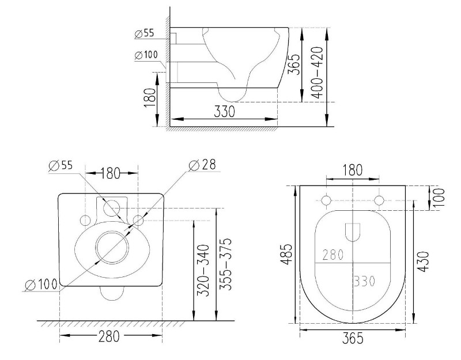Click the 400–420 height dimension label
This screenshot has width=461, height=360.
(318, 72)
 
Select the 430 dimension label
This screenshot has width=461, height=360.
(423, 262)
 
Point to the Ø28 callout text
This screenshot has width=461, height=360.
(202, 165)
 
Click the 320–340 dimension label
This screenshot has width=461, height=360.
(203, 270)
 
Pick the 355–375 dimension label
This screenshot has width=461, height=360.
(226, 264)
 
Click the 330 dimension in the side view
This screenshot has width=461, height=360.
(224, 112)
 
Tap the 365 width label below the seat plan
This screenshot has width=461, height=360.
(353, 338)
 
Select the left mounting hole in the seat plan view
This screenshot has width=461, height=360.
(326, 200)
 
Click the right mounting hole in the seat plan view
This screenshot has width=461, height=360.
(379, 200)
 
